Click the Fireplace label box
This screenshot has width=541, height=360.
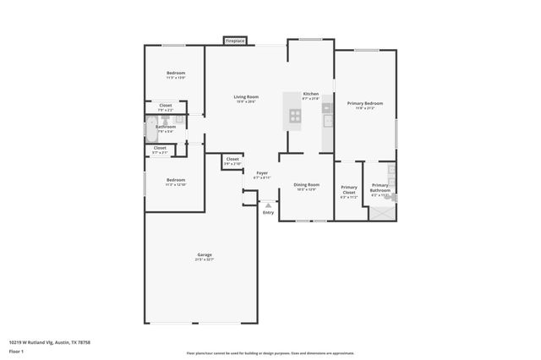point(235,40)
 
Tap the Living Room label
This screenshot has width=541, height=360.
point(246,97)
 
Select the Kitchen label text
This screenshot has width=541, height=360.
point(311,94)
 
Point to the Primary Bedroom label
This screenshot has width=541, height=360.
point(365,103)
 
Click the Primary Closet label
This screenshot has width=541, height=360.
point(348,189)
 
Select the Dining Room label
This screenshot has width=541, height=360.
point(306,184)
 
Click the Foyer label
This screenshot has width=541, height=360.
point(262,173)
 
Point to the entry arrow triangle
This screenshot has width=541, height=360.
point(269,205)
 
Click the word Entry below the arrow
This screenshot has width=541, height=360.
point(269,212)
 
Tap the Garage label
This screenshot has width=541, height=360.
point(205,254)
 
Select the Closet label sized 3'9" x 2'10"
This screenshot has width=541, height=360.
point(232,159)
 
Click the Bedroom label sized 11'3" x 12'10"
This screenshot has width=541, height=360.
point(175,180)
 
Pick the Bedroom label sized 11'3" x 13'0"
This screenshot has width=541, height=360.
point(175,74)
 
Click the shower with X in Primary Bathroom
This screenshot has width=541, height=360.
point(381,212)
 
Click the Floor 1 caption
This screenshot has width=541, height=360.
point(15,351)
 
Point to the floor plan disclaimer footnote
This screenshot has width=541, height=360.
point(270,353)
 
